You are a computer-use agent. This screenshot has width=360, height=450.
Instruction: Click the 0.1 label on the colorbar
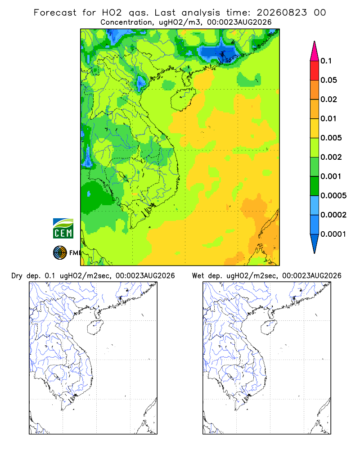click(326, 61)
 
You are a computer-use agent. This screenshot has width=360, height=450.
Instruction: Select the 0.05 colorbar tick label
click(328, 80)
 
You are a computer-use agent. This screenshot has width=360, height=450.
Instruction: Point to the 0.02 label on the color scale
click(328, 99)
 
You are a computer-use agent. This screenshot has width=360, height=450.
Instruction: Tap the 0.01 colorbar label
click(328, 118)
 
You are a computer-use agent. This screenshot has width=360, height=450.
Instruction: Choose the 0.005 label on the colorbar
click(331, 138)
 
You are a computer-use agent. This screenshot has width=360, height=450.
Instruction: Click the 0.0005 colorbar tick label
click(333, 195)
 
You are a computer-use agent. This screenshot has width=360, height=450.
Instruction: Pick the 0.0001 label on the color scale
click(333, 234)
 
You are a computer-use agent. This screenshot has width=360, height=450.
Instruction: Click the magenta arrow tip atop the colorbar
click(315, 41)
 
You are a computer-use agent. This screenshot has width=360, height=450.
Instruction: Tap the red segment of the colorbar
click(315, 70)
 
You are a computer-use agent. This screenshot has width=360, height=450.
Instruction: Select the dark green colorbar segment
click(315, 186)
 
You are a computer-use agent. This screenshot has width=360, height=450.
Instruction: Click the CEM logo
click(63, 229)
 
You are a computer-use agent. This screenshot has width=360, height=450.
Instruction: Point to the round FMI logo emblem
click(60, 252)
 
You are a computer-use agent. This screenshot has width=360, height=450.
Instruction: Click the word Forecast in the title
click(55, 13)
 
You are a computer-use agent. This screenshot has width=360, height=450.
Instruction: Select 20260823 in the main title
click(282, 13)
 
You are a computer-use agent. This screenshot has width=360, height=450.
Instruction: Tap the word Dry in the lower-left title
click(17, 276)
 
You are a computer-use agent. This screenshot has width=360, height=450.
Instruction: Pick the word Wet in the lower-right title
click(198, 276)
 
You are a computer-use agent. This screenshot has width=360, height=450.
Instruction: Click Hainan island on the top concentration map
click(183, 99)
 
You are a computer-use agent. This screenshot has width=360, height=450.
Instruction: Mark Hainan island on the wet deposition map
click(269, 327)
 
